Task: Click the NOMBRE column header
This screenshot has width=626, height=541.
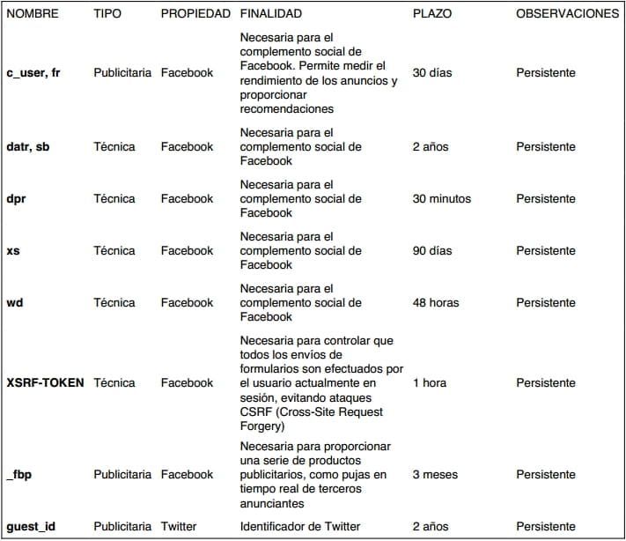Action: (33, 14)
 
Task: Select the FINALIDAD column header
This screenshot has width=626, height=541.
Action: (270, 14)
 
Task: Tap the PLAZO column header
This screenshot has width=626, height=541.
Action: (432, 14)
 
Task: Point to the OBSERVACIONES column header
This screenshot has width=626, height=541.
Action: (568, 14)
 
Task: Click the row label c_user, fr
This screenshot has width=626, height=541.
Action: (34, 73)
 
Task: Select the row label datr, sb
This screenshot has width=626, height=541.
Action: (28, 147)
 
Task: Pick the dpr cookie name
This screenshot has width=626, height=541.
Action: (16, 199)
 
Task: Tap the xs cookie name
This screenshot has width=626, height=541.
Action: (13, 251)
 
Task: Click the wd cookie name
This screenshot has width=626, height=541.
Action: (14, 303)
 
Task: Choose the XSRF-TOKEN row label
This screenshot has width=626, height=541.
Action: (45, 383)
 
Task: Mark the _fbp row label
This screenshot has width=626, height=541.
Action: (20, 475)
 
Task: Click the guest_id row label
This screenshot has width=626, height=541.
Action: (31, 527)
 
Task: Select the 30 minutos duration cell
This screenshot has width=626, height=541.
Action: (441, 199)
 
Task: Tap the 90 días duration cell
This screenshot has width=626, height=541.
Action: (432, 251)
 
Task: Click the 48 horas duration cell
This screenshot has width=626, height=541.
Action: (436, 303)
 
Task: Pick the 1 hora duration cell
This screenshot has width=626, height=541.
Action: (430, 383)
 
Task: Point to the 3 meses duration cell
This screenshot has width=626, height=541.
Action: (435, 475)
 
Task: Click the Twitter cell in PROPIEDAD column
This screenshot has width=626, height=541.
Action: (179, 527)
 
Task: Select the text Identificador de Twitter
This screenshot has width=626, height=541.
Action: (300, 527)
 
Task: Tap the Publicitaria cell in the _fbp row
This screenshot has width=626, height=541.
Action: (122, 475)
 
